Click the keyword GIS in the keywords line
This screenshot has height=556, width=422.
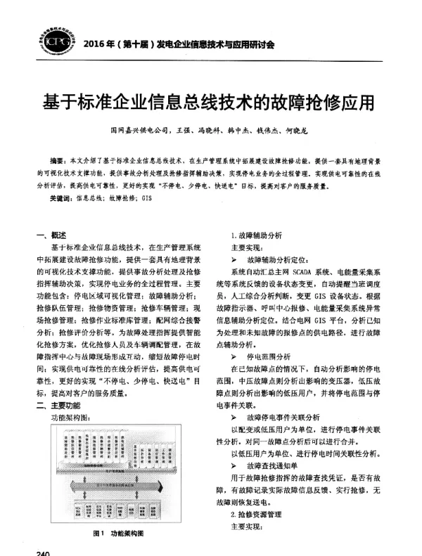tap(147, 199)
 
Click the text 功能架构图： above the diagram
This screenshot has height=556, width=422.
tap(72, 418)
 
